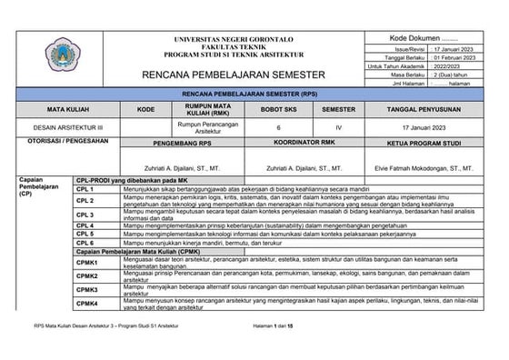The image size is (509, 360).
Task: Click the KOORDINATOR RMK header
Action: click(292, 145)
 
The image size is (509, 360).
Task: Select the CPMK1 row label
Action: click(87, 262)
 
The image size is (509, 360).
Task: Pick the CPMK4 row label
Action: click(87, 303)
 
